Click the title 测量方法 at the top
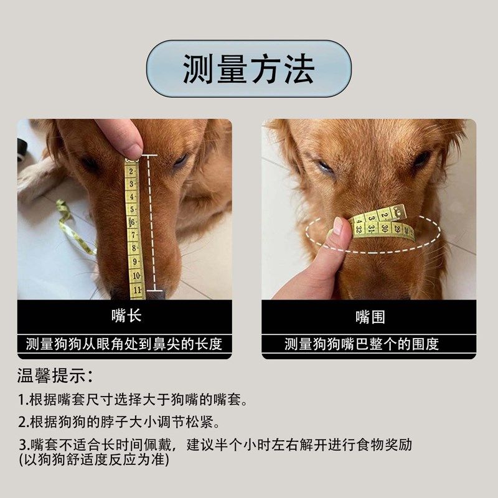coord(248,68)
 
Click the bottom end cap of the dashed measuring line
coord(155,290)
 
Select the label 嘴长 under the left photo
coord(126,316)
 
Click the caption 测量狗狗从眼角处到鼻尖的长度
coord(125,344)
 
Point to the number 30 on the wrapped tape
coord(385,228)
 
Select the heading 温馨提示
coord(55,376)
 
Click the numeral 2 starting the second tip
coord(22,422)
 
